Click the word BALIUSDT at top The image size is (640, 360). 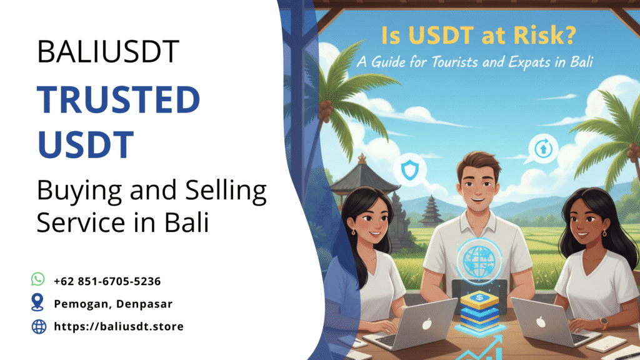click(108, 51)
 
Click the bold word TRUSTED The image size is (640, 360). click(118, 101)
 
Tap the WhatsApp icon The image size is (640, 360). click(39, 279)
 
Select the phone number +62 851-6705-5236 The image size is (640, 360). click(107, 281)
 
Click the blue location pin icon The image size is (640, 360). click(39, 303)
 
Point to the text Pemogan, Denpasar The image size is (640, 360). click(112, 304)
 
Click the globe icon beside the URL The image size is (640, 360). click(39, 326)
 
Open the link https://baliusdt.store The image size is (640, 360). click(119, 326)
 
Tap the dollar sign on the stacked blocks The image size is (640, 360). click(480, 298)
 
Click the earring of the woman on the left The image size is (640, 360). click(354, 232)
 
